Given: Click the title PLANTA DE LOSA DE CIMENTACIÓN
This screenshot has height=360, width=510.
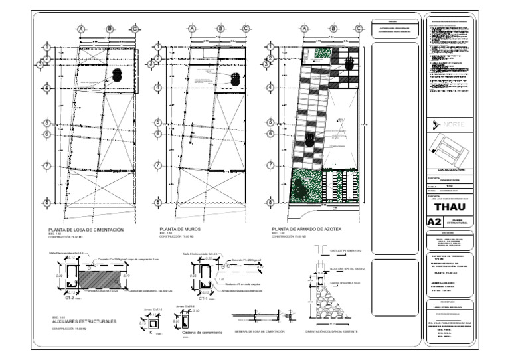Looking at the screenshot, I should pos(82,228).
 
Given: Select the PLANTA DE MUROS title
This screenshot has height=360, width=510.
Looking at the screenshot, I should pos(177,228).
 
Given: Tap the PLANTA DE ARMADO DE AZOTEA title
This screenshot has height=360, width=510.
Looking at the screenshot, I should pos(306,228).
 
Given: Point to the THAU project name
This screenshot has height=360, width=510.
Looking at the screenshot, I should pos(450,205).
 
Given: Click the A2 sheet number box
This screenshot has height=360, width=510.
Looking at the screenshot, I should pos(434,221).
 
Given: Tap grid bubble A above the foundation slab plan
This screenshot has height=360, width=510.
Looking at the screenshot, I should pos(81,29).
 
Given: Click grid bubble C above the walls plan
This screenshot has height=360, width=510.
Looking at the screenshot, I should pos(246,29).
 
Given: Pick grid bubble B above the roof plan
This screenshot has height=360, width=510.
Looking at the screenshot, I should pos(333,29).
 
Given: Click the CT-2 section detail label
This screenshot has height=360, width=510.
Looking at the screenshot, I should pos(69,298).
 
